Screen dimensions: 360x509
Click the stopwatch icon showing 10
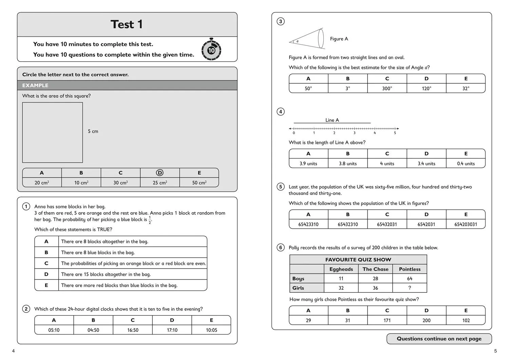coord(211,50)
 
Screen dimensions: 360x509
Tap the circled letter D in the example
coord(159,173)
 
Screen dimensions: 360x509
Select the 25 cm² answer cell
coord(160,183)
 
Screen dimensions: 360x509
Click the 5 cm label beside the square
coord(93,131)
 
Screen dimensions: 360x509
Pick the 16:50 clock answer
coord(133,330)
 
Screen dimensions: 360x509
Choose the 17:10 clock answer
coord(172,330)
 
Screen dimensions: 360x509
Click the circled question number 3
coord(280,21)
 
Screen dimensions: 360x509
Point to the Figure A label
coord(339,39)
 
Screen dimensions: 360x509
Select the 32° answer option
coord(466,88)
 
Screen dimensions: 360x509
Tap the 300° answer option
coord(387,88)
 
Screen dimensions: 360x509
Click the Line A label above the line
coord(332,120)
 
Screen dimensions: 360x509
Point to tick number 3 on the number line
coord(355,132)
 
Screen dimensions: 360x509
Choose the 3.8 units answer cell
coord(347,164)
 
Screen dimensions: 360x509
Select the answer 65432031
coord(387,224)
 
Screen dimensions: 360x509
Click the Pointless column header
coord(410,269)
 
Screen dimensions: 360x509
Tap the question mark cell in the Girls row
coord(410,288)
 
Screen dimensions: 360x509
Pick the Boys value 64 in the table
coord(410,279)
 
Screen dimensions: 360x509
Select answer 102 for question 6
coord(466,320)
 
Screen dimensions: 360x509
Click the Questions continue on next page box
coord(439,339)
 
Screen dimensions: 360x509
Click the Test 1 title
coord(127,24)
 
